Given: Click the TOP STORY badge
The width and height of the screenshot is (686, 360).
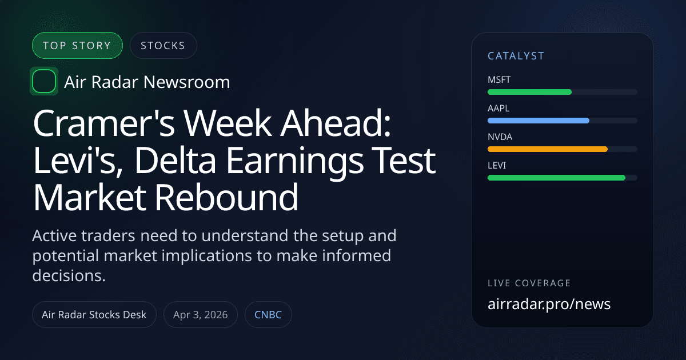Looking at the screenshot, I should tap(78, 46).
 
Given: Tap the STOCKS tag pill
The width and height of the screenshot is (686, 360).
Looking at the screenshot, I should tap(163, 46).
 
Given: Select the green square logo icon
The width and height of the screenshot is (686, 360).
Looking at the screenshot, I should tap(43, 82).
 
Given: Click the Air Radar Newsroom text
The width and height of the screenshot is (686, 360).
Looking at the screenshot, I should tap(147, 82).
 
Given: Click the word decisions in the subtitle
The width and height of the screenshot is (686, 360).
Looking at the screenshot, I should tap(69, 275).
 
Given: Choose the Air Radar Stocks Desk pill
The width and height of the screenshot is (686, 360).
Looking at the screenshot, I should tap(94, 315).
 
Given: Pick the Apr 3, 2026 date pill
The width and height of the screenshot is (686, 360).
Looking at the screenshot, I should tap(201, 315).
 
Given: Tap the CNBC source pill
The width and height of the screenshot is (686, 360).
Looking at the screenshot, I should tap(268, 315).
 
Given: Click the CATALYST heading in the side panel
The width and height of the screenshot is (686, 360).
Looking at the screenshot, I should tap(516, 56).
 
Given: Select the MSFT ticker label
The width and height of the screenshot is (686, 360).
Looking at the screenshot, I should tap(498, 79).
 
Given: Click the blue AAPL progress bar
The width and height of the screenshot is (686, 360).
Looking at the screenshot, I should tap(538, 121).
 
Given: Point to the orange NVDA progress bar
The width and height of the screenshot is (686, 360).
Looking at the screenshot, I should tap(547, 149).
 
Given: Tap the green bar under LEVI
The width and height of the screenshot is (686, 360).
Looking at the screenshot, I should tap(556, 178).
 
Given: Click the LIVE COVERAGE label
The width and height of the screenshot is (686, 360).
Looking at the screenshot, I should tap(529, 283).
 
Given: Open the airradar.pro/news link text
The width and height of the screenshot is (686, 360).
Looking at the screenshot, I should tap(549, 304).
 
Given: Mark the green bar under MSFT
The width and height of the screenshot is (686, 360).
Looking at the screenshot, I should tap(529, 92).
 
